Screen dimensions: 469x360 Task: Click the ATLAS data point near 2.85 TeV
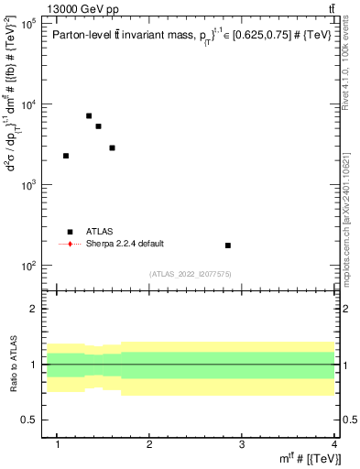point(228,245)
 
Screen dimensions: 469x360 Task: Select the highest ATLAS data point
point(89,116)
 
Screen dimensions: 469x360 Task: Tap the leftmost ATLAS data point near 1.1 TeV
point(66,156)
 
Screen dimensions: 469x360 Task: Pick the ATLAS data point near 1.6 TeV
point(112,147)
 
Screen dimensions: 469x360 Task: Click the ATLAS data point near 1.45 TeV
point(98,126)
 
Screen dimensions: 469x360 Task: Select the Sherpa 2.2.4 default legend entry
point(126,244)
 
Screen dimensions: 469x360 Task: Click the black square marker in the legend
point(70,232)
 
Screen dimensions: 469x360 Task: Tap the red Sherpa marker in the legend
point(70,244)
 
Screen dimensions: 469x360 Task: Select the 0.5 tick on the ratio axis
point(34,420)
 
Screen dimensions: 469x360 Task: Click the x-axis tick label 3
point(241,444)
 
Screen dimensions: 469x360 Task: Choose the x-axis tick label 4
point(333,444)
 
